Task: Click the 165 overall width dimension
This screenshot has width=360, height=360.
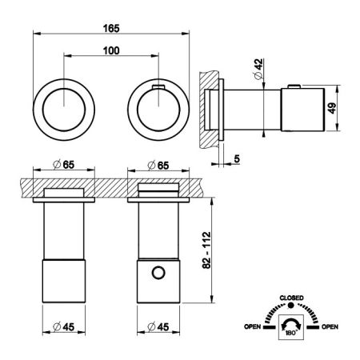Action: pos(111,28)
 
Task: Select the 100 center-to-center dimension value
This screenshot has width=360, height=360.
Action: pos(111,50)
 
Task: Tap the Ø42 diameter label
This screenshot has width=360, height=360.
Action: pos(258,69)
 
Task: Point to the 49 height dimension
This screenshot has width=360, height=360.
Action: pos(332,108)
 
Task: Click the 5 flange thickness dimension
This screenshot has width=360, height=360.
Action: pos(237,159)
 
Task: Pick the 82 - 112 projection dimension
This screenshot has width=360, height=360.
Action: pos(206,250)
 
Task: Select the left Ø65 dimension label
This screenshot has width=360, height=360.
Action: pos(64,165)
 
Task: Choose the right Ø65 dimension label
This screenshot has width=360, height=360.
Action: pos(158,166)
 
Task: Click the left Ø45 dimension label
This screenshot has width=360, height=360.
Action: pos(64,326)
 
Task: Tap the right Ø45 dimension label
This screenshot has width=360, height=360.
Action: pos(158,326)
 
